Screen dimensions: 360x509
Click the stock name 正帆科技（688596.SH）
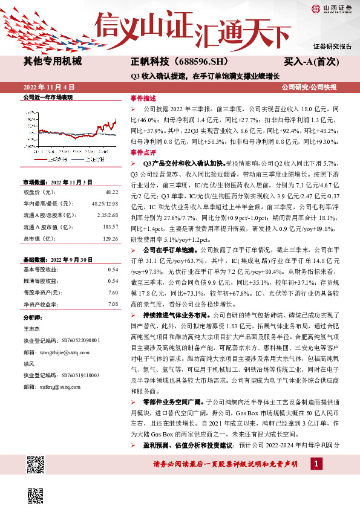(171, 61)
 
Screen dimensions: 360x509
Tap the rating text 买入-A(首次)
(312, 61)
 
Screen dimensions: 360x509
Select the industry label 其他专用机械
(52, 61)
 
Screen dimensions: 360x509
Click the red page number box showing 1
(315, 464)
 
